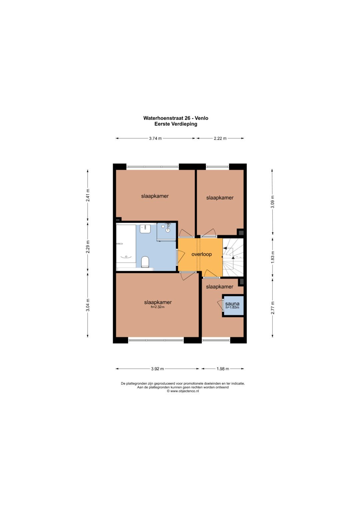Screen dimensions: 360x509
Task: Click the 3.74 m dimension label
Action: coord(155,138)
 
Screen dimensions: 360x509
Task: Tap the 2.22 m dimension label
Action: coord(220,138)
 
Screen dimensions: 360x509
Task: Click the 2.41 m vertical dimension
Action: coord(88,195)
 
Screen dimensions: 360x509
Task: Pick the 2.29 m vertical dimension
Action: coord(88,247)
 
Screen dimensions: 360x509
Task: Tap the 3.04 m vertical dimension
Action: coord(88,305)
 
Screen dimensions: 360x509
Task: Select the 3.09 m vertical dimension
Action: coord(273,202)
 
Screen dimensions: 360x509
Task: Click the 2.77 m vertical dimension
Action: coord(273,308)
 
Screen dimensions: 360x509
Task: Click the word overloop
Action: coord(201,254)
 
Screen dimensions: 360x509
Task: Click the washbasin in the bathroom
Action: coord(145,229)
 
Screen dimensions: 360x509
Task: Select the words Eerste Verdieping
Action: coord(176,124)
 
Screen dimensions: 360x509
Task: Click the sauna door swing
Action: coord(220,305)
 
